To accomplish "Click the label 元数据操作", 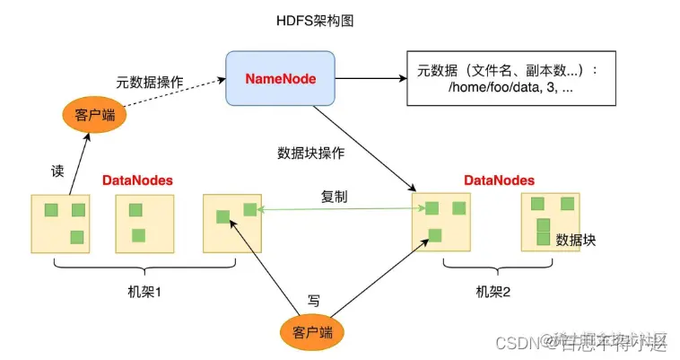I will click(150, 82).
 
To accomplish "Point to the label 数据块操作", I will click(311, 152).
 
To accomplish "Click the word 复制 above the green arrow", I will click(335, 195).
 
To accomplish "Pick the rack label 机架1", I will click(144, 293).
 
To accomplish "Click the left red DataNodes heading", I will click(136, 180).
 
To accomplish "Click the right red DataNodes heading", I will click(499, 180).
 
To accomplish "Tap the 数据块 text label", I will click(576, 240).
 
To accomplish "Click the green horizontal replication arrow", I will click(341, 210).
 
